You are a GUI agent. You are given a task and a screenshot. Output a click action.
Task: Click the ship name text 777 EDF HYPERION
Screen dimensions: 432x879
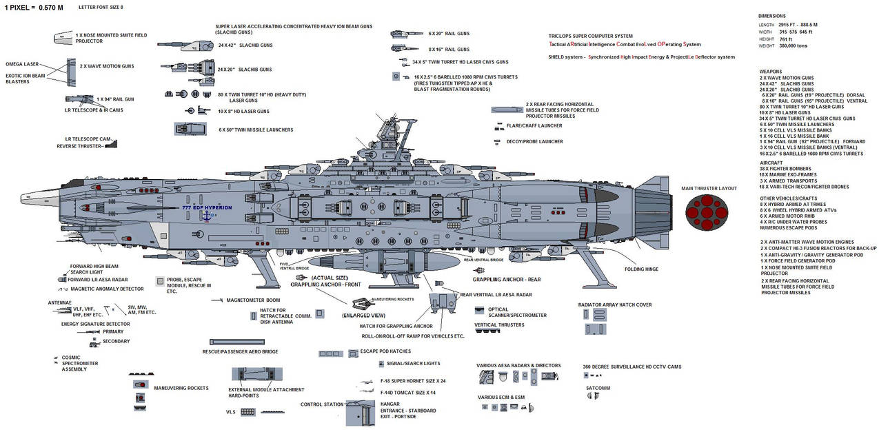click(208, 207)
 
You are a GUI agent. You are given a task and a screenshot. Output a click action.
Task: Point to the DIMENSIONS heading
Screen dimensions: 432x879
click(772, 15)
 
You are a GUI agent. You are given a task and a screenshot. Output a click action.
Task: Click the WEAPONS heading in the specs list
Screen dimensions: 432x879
click(771, 70)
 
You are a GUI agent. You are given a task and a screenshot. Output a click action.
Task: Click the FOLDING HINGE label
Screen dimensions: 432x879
click(640, 268)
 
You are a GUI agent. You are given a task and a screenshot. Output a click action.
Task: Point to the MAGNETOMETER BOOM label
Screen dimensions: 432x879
click(253, 300)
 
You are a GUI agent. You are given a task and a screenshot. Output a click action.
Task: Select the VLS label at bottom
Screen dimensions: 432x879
click(231, 411)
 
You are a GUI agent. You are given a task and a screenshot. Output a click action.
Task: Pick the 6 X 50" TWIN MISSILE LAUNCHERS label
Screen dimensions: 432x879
click(256, 130)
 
